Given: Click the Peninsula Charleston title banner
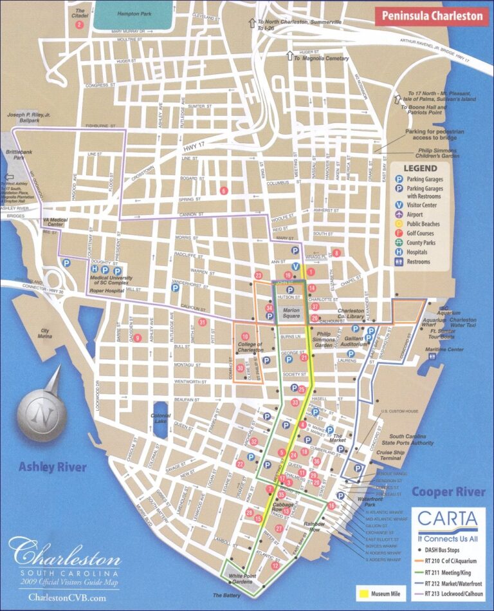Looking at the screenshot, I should click(432, 16).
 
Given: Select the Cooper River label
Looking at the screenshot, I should click(448, 493).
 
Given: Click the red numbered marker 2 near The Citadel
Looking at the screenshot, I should click(80, 25).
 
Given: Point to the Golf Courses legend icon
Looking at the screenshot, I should click(399, 232).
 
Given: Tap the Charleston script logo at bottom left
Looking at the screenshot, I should click(64, 556).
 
